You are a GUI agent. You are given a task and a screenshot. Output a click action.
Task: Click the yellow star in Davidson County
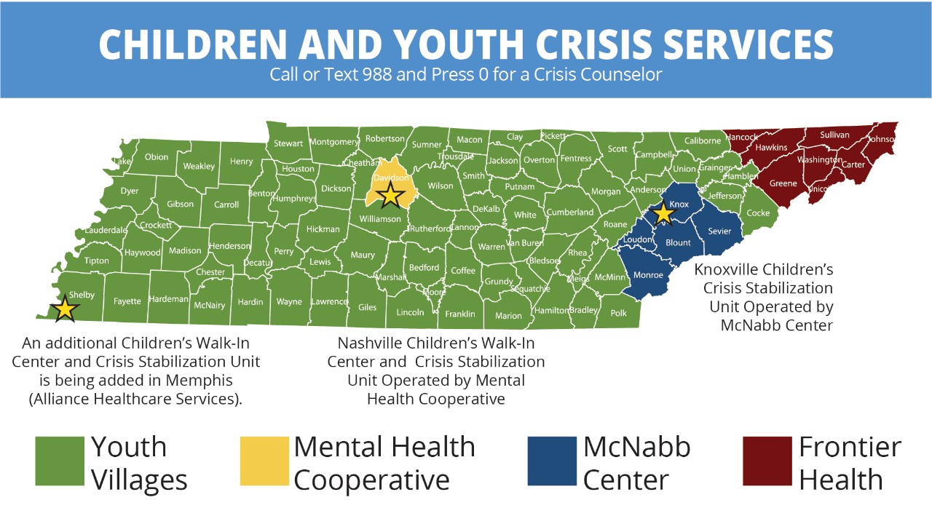click(x=391, y=194)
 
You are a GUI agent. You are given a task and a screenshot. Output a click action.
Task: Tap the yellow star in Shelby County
click(x=65, y=308)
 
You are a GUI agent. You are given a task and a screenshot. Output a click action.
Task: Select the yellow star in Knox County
click(x=663, y=213)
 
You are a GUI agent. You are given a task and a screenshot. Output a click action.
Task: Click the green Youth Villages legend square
click(x=60, y=461)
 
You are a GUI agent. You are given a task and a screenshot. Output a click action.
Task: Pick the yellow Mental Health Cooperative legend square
click(x=264, y=461)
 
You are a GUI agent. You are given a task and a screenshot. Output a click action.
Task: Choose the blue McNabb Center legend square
click(x=552, y=461)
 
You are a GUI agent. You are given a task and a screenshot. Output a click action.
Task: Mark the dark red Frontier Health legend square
click(x=767, y=461)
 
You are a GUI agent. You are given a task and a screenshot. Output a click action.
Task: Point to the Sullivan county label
click(x=834, y=135)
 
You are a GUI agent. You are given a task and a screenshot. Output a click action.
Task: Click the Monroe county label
click(x=648, y=275)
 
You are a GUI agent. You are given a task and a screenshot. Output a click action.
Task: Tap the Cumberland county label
click(x=570, y=213)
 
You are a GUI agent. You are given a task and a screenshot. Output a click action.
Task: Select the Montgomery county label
click(x=334, y=142)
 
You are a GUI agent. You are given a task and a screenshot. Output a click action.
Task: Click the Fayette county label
click(x=127, y=301)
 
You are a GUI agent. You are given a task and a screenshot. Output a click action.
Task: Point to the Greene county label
click(x=783, y=183)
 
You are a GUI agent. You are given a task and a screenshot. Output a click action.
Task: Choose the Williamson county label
click(x=380, y=218)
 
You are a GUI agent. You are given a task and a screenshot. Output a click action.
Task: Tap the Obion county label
click(x=157, y=156)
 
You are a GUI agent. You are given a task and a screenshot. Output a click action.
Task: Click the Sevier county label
click(x=719, y=231)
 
